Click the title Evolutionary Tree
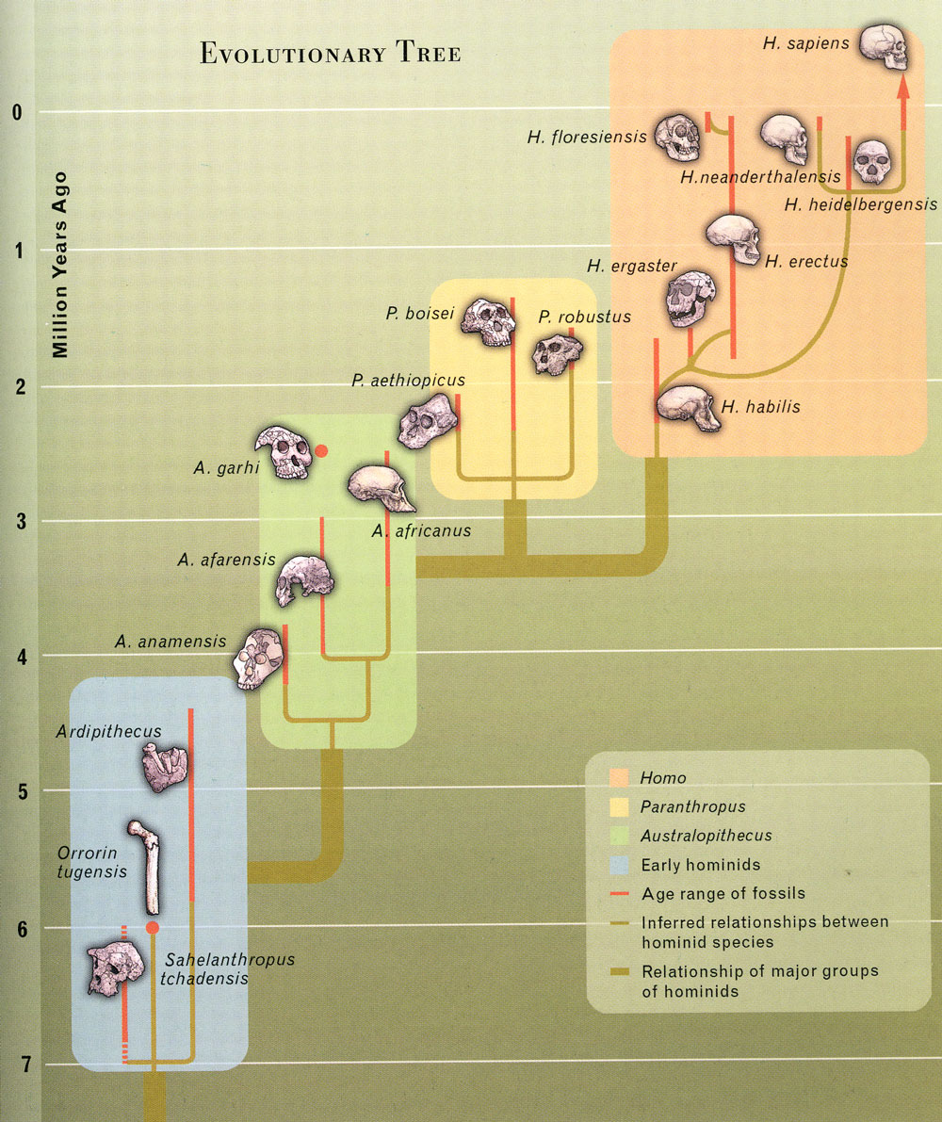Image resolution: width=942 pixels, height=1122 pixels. [x=330, y=54]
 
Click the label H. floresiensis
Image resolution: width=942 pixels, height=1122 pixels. [x=587, y=138]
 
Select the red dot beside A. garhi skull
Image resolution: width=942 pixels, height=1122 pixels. [x=321, y=451]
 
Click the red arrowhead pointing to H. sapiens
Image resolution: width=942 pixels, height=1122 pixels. [x=902, y=88]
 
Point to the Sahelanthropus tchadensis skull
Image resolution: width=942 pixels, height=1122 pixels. [x=115, y=970]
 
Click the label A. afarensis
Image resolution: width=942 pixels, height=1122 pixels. [x=226, y=560]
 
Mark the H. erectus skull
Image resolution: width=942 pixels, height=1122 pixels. [x=734, y=239]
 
